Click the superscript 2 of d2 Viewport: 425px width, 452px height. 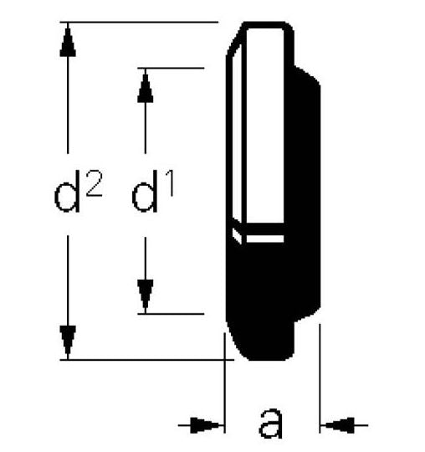(94, 183)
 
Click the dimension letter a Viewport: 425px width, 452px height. (270, 424)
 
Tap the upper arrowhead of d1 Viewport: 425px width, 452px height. (146, 86)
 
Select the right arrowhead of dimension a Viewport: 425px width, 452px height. (338, 425)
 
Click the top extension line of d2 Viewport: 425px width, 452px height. (139, 22)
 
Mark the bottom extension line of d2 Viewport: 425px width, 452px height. (147, 360)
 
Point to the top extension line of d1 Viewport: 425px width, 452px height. (171, 68)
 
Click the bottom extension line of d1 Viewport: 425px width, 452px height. (171, 314)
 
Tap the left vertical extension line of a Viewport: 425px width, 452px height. (224, 383)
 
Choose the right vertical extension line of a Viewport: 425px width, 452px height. (320, 378)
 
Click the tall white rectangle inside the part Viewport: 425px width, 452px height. (265, 126)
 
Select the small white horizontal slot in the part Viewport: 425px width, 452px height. (265, 239)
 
